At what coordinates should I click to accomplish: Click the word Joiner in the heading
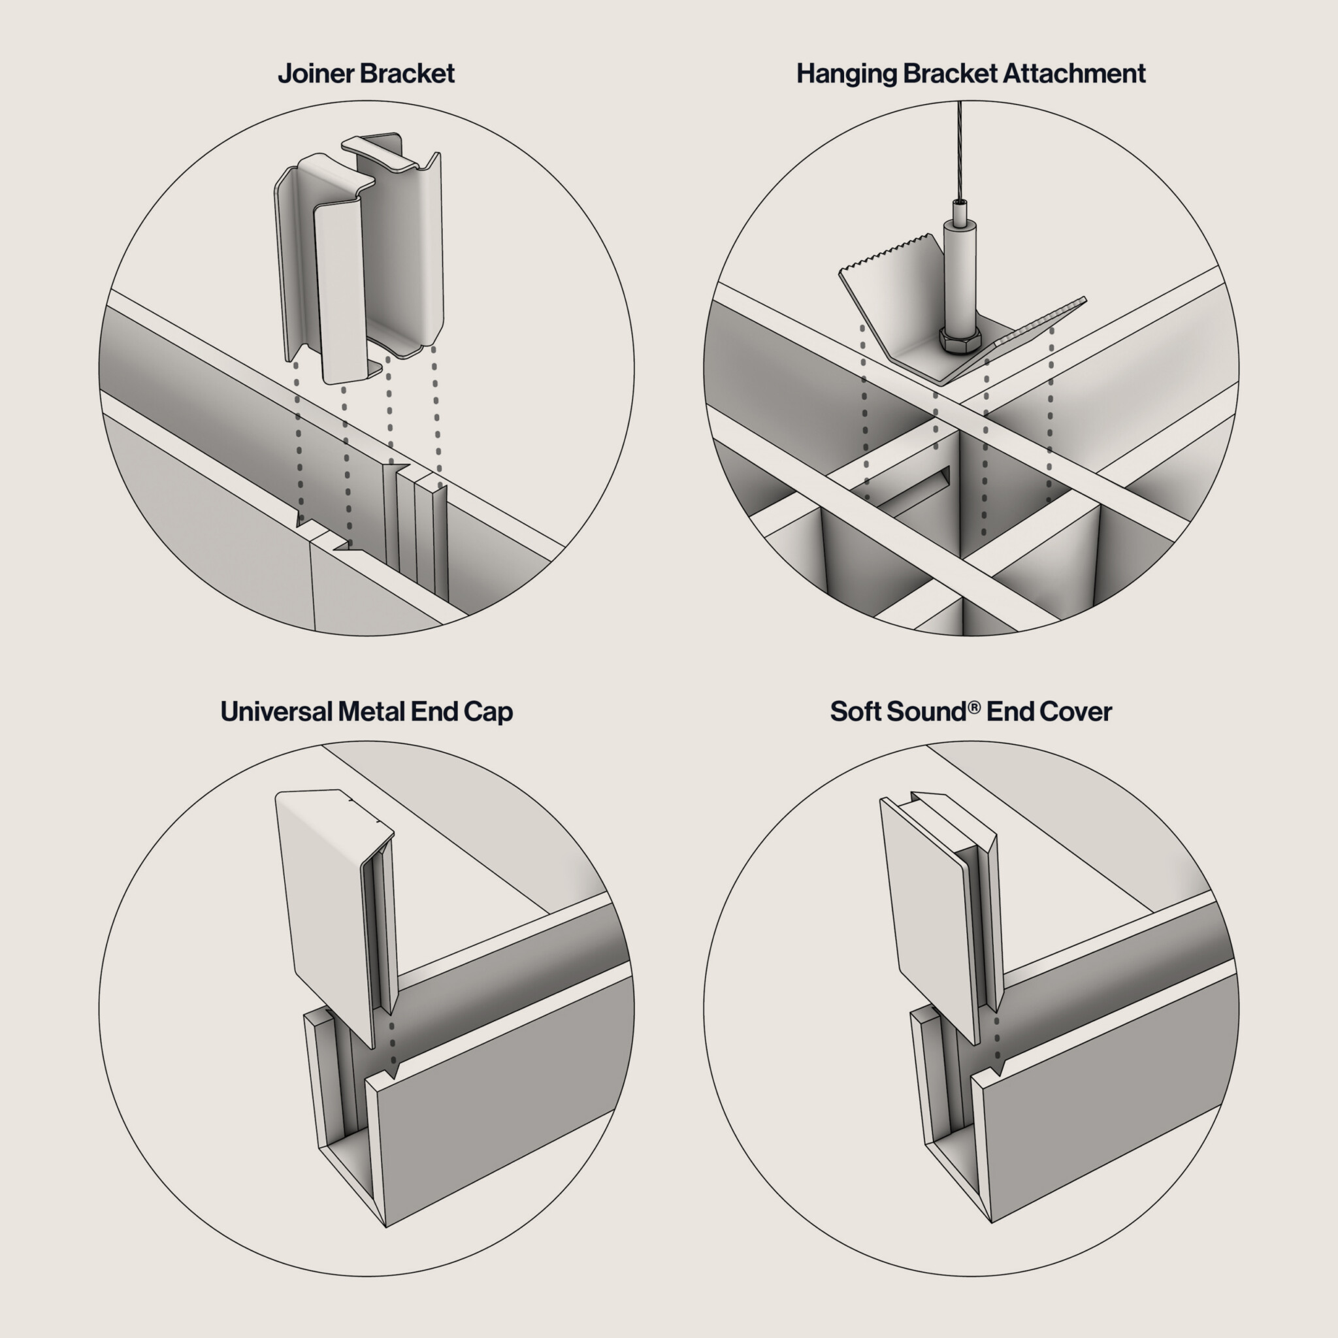click(x=316, y=74)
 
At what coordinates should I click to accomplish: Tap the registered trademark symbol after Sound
click(x=975, y=707)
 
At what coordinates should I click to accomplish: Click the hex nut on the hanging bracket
click(x=960, y=339)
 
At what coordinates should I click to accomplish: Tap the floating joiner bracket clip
click(x=359, y=256)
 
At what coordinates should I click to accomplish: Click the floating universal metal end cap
click(x=335, y=914)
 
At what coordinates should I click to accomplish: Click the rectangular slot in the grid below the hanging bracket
click(x=913, y=491)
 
